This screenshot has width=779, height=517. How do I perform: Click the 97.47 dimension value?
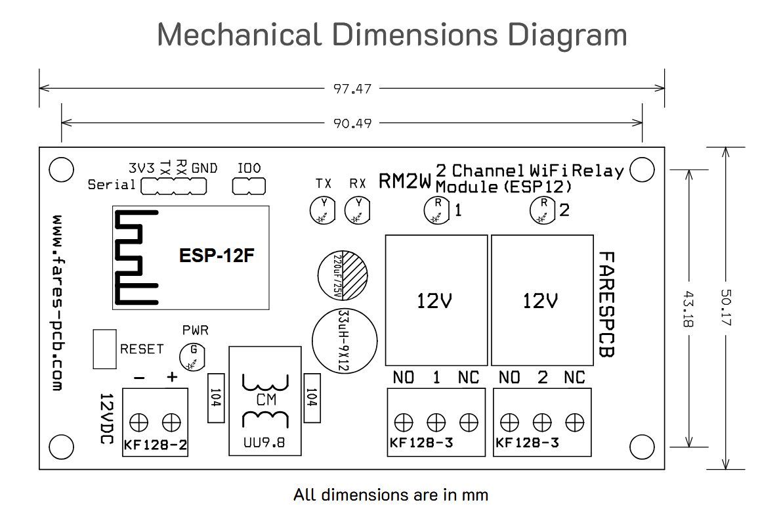(x=352, y=89)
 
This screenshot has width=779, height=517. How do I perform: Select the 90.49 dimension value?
(x=352, y=124)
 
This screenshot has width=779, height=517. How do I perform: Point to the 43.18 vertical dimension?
(x=688, y=309)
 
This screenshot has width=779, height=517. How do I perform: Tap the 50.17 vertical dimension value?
(x=726, y=307)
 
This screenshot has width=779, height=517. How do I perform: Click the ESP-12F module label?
(x=217, y=256)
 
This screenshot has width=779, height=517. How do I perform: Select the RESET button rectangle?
(x=105, y=349)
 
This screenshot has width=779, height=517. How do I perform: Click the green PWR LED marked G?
(x=192, y=357)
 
